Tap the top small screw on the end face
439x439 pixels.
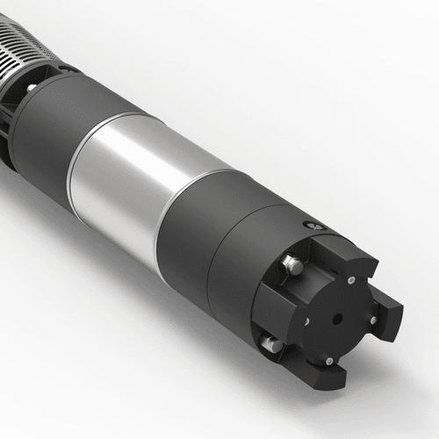pos(350,281)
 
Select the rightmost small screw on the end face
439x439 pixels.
pos(373,320)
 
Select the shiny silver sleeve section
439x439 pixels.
pos(132,176)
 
